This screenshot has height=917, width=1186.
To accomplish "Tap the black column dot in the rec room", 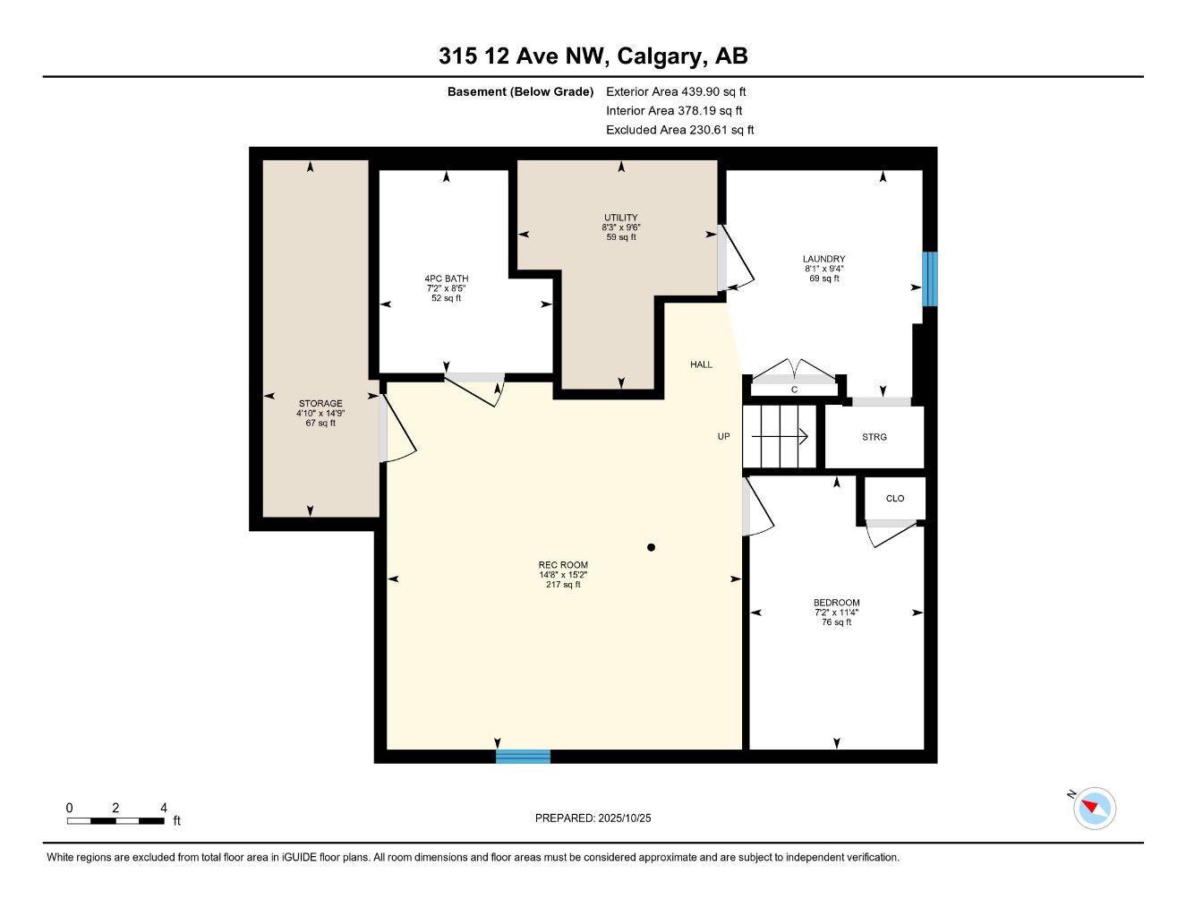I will tap(652, 547).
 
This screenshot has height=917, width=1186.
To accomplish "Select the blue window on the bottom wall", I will tap(524, 757).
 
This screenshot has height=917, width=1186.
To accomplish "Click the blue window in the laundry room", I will tap(930, 279).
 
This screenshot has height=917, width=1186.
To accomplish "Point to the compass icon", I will tap(1094, 808).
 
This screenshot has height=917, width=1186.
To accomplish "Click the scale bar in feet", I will tap(115, 820).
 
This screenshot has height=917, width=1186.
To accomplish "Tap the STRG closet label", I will tap(875, 437).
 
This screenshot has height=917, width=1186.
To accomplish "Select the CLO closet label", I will tap(895, 499).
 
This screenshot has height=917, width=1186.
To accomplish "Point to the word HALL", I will tap(701, 364).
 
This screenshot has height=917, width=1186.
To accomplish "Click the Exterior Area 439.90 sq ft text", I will tap(676, 91).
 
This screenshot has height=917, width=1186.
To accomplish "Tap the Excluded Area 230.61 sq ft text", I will tap(679, 130).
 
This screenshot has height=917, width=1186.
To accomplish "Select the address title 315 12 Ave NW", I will tap(593, 56).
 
